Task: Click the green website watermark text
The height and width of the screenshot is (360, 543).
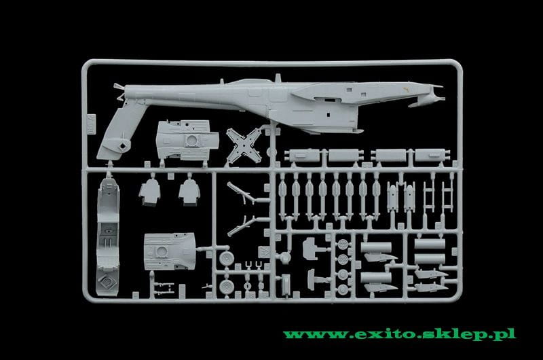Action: pyautogui.click(x=400, y=334)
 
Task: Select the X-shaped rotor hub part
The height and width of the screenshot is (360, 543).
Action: pyautogui.click(x=244, y=145)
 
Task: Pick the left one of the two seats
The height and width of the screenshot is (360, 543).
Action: pyautogui.click(x=149, y=192)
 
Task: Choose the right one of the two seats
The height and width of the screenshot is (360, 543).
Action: pyautogui.click(x=189, y=192)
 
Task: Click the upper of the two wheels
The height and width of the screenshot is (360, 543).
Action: pyautogui.click(x=227, y=258)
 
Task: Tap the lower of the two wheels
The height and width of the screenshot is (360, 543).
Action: pyautogui.click(x=227, y=287)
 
